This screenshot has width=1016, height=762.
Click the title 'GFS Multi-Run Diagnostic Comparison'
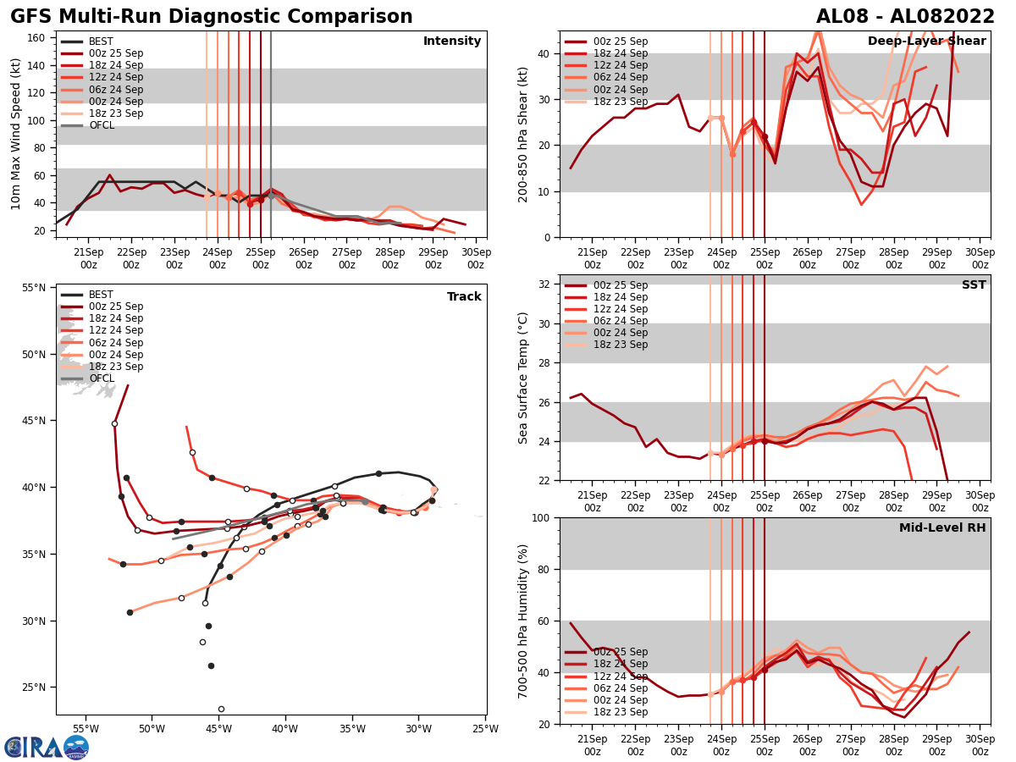tap(212, 17)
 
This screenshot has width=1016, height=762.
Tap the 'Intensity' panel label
tap(452, 41)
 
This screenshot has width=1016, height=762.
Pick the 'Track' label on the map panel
tap(464, 297)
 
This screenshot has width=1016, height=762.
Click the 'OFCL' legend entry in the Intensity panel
tap(102, 125)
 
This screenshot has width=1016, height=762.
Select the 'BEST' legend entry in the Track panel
tap(101, 295)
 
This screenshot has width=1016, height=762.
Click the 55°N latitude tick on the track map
tap(34, 289)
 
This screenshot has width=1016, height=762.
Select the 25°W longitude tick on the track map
tap(485, 728)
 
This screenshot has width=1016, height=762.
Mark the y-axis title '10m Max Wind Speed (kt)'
tap(16, 134)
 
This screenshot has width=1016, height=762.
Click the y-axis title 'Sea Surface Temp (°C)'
tap(523, 378)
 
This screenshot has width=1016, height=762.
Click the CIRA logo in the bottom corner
tap(47, 747)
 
